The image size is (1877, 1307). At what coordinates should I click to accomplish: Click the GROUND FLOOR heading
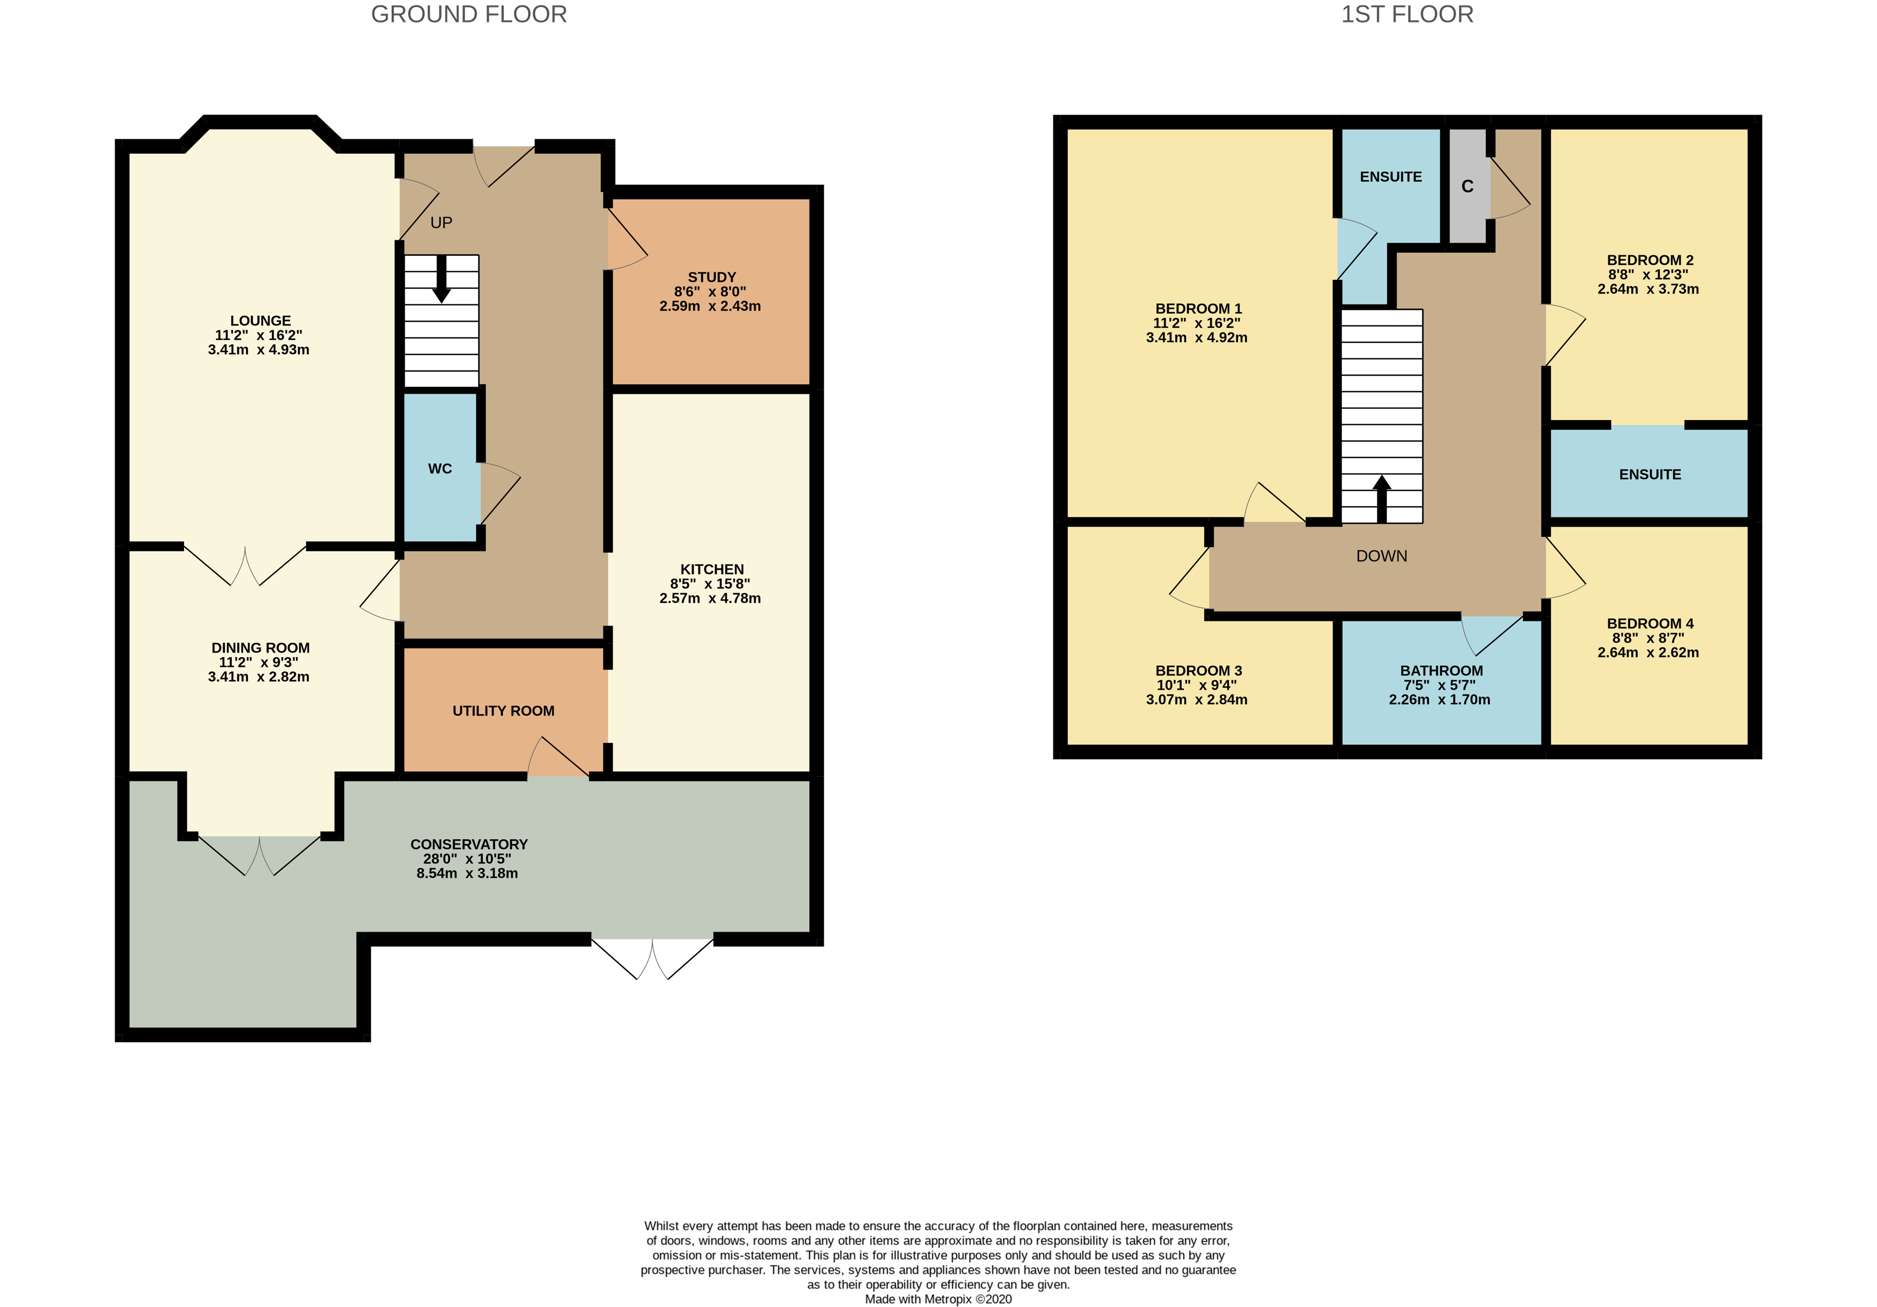(468, 14)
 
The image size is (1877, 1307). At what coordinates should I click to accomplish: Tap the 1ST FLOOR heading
(1407, 14)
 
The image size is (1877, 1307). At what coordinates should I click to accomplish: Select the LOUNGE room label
(260, 321)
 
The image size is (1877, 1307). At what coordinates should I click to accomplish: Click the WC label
(440, 468)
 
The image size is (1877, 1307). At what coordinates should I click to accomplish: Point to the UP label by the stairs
(442, 222)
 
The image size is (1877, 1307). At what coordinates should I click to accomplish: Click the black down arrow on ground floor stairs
(442, 280)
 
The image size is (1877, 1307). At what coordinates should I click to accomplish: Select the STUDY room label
(711, 277)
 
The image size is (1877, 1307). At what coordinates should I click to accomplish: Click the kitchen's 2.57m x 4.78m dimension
(710, 598)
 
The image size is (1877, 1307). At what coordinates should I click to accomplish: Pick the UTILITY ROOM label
(504, 711)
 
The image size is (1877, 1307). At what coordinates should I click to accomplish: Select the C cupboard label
(1468, 186)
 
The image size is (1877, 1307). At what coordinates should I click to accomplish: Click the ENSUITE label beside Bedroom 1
(1390, 177)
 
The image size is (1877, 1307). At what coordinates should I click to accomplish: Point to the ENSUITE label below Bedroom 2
(1650, 474)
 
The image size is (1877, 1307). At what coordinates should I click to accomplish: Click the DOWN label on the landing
(1381, 556)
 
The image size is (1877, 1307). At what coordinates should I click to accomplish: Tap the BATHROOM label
(1441, 670)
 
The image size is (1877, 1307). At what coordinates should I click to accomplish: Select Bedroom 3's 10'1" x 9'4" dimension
(1196, 685)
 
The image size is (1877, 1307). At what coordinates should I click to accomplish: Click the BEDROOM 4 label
(1650, 623)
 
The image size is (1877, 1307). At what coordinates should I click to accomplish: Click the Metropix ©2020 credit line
(939, 1299)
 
